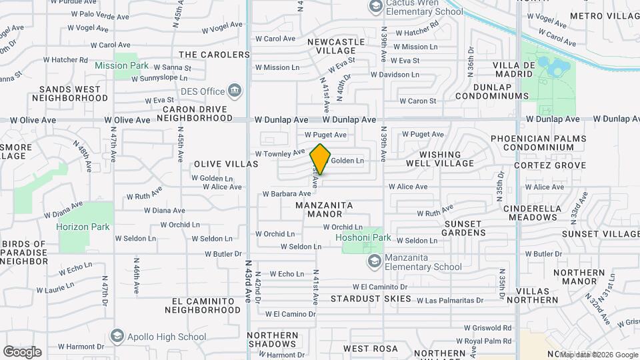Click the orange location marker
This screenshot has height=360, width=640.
point(321,159)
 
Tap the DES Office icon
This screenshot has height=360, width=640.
point(234,90)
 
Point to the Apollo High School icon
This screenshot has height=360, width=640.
point(117,335)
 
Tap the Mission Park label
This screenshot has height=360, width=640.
point(121,65)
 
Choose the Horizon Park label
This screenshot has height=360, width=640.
point(83,227)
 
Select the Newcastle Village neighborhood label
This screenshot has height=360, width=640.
point(336,46)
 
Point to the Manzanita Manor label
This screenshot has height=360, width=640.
point(325,209)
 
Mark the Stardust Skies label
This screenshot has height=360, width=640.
point(371,299)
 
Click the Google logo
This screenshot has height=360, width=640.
point(22,351)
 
